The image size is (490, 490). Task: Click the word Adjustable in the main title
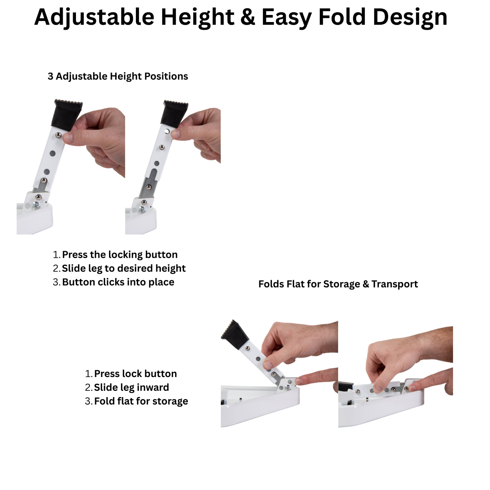(x=94, y=17)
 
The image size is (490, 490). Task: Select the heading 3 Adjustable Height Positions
(x=118, y=76)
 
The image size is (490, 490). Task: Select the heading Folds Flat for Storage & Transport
(x=338, y=284)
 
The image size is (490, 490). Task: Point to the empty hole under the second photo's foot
(x=167, y=132)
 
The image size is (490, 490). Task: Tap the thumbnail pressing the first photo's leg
(x=69, y=137)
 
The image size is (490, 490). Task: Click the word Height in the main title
(x=198, y=17)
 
